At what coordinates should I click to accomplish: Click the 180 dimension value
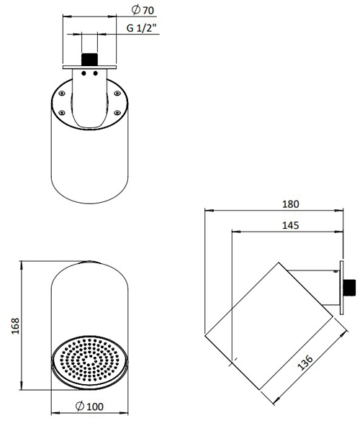coord(291,204)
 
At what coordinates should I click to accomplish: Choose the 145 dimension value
coord(291,225)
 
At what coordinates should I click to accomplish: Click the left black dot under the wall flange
coord(84,72)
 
